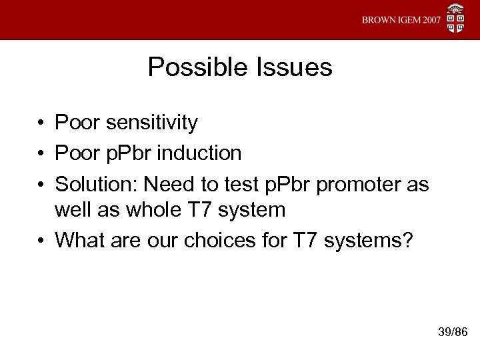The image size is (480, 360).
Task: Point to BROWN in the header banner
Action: click(379, 20)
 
